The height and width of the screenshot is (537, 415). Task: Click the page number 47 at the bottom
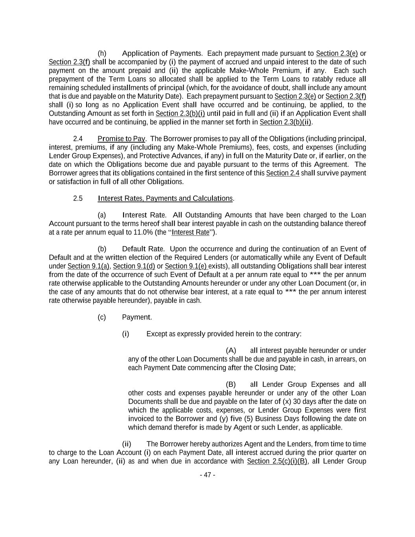207,475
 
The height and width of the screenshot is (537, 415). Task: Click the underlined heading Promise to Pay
121,139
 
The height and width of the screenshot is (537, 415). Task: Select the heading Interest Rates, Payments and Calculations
165,198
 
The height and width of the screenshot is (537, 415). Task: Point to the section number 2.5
78,198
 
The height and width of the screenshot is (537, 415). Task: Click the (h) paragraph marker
102,54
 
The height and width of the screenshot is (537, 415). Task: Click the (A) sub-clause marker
231,351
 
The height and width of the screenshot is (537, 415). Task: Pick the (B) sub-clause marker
231,384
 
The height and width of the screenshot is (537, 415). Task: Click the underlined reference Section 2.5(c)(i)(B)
277,461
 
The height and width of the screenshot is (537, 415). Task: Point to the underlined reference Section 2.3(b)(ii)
286,122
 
